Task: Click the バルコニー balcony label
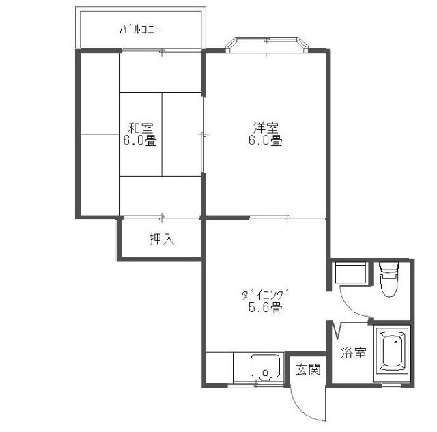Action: coord(140,29)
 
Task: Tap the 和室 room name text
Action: coord(141,128)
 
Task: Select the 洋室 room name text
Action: coord(266,128)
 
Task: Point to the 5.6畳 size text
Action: coord(266,308)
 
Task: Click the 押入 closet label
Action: coord(162,239)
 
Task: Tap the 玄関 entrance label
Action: coord(308,369)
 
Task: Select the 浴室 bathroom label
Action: coord(354,353)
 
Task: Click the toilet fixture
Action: coord(389,279)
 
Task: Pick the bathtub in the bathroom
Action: coord(393,350)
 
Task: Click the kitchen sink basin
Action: coord(266,367)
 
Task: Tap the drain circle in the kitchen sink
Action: coord(266,372)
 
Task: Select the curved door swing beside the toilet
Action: coord(350,308)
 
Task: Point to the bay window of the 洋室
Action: coord(267,44)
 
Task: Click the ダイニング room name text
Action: coord(265,295)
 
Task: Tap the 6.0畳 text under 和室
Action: coord(140,140)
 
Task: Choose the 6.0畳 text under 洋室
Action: coord(266,140)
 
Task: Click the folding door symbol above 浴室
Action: coord(337,330)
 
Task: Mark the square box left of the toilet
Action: coord(350,272)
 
